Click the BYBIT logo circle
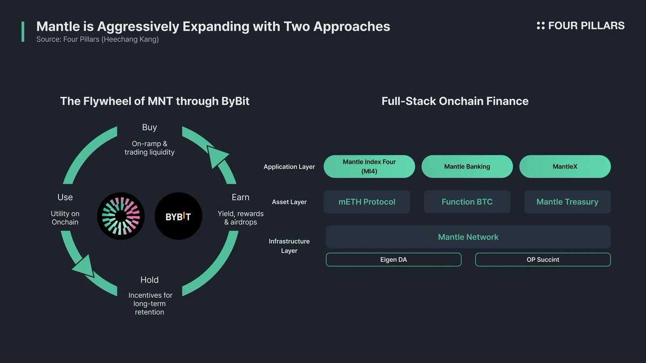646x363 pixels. pyautogui.click(x=178, y=216)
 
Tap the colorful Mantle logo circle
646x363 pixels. pyautogui.click(x=121, y=216)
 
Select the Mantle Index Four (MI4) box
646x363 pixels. pyautogui.click(x=369, y=166)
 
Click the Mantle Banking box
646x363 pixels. pyautogui.click(x=467, y=166)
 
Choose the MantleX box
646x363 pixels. pyautogui.click(x=565, y=166)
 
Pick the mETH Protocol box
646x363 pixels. pyautogui.click(x=367, y=202)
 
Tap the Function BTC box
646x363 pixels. pyautogui.click(x=467, y=202)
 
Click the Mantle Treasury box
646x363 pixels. pyautogui.click(x=567, y=202)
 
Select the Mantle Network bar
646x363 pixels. pyautogui.click(x=468, y=237)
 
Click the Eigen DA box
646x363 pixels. pyautogui.click(x=393, y=260)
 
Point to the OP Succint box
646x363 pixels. pyautogui.click(x=543, y=260)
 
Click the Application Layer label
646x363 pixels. pyautogui.click(x=289, y=167)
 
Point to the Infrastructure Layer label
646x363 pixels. pyautogui.click(x=289, y=246)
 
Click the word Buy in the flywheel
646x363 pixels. pyautogui.click(x=149, y=127)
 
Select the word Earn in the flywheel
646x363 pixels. pyautogui.click(x=240, y=197)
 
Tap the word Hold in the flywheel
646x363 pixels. pyautogui.click(x=149, y=280)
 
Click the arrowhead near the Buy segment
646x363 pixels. pyautogui.click(x=218, y=156)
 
